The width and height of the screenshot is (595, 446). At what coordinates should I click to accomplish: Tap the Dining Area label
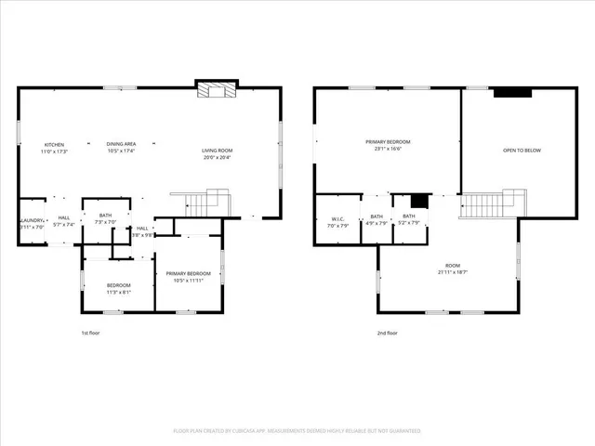[x=121, y=147]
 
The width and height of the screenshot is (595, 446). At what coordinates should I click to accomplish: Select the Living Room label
[x=218, y=153]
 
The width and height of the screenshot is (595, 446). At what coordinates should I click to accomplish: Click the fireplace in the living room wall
[x=216, y=89]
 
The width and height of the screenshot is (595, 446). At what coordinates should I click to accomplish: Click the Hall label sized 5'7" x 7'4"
[x=64, y=221]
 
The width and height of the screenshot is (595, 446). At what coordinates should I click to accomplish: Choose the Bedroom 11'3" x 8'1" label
[x=118, y=288]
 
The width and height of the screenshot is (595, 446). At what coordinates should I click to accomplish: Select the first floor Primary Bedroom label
[x=189, y=276]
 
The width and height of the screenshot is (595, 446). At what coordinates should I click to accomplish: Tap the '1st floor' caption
[x=90, y=333]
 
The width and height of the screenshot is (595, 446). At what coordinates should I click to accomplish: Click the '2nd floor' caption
[x=388, y=333]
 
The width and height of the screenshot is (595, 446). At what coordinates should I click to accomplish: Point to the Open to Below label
[x=522, y=151]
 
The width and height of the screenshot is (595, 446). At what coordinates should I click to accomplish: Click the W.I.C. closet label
[x=337, y=223]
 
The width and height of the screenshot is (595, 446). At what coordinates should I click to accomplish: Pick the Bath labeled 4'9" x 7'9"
[x=377, y=219]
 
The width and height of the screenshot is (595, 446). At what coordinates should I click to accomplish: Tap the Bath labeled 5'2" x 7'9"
[x=409, y=219]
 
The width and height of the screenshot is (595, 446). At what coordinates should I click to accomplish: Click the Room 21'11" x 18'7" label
[x=447, y=269]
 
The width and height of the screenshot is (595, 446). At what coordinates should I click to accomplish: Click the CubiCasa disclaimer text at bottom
[x=297, y=431]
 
